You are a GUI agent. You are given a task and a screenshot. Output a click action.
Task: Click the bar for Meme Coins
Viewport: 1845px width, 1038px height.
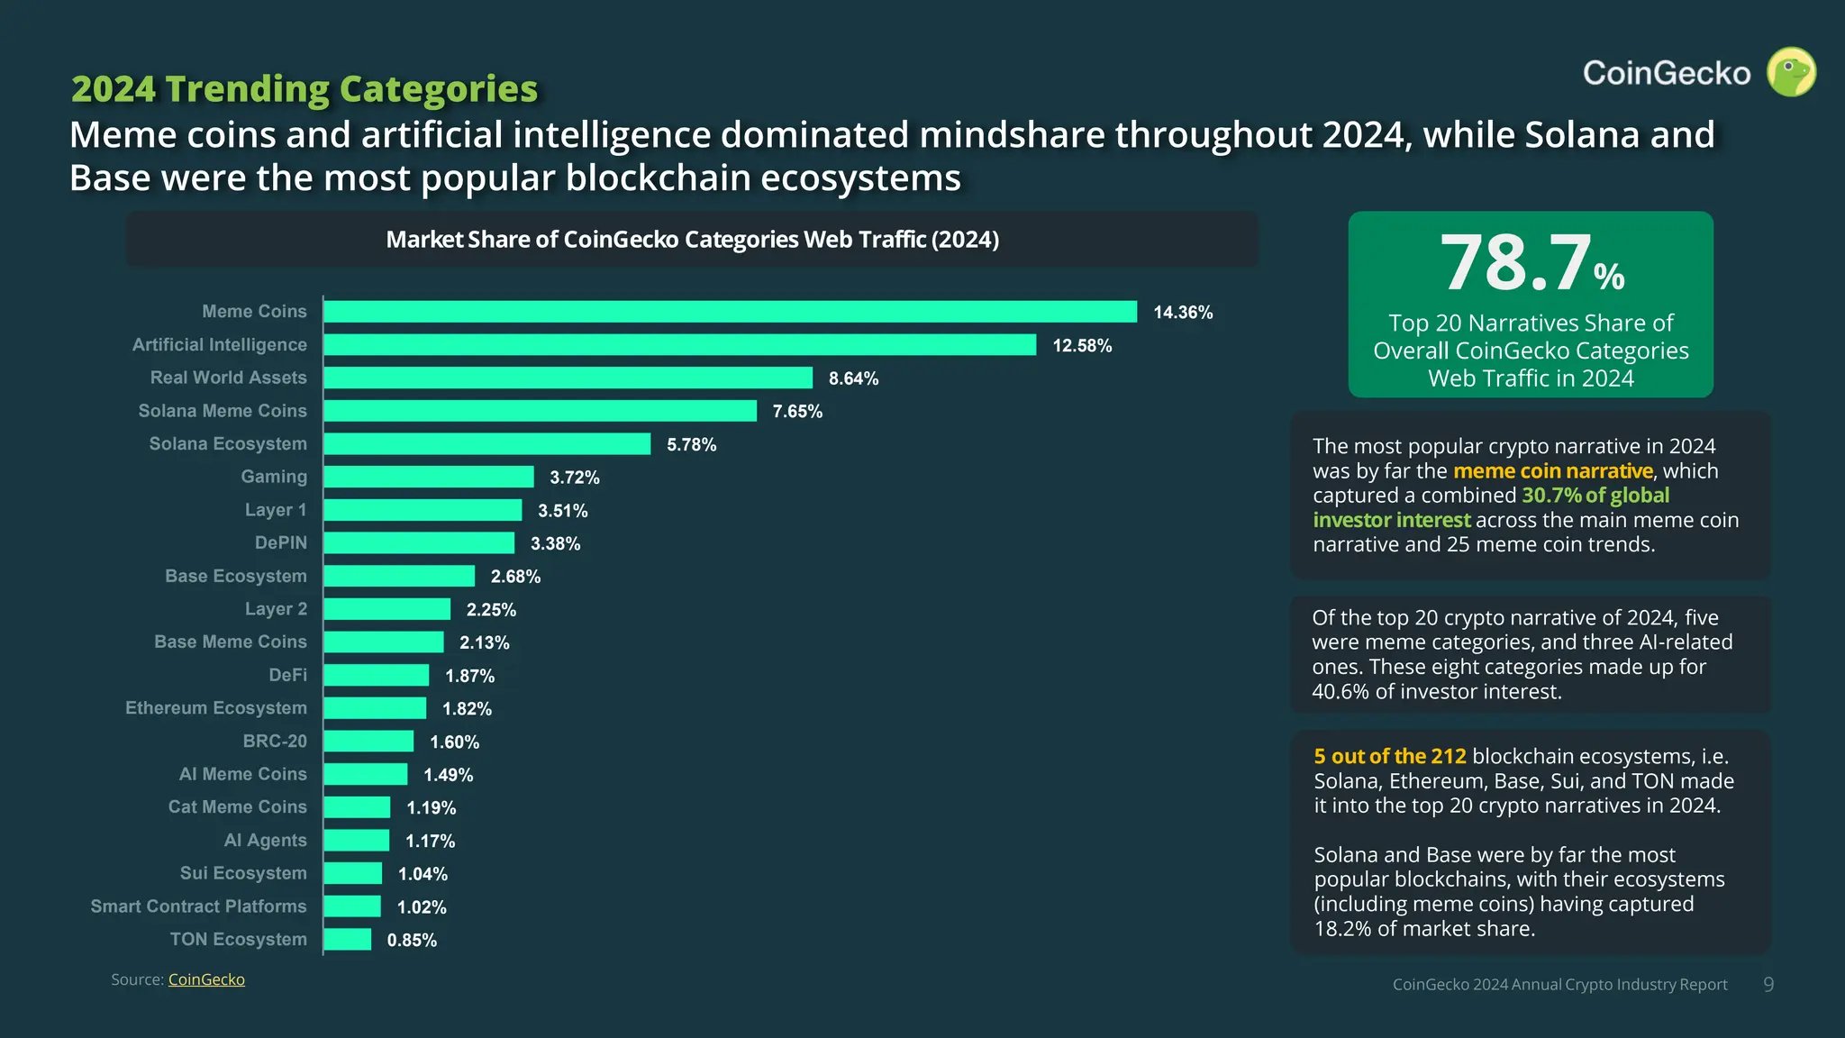click(730, 312)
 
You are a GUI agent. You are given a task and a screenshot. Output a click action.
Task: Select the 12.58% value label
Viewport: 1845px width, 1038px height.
click(1082, 346)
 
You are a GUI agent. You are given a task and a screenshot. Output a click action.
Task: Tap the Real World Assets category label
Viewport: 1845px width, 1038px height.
click(228, 378)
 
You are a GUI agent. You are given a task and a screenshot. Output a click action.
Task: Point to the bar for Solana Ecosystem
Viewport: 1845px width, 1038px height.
click(486, 444)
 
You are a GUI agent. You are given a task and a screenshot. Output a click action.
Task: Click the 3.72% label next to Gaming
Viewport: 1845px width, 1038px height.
click(574, 478)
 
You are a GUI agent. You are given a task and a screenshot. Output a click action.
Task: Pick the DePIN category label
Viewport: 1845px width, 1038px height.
click(280, 542)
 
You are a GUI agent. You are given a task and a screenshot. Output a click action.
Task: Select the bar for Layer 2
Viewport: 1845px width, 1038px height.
click(386, 609)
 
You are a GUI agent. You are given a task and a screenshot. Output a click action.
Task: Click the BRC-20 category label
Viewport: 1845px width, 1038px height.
click(274, 741)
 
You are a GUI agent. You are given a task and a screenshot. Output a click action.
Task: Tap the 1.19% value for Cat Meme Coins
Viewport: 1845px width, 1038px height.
click(431, 808)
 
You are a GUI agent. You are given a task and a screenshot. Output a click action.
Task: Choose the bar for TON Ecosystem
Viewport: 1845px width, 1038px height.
click(347, 940)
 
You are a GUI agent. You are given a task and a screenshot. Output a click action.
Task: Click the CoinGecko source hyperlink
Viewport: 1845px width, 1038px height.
click(206, 979)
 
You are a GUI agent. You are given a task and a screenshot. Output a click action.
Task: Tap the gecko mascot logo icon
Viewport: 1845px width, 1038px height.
click(1791, 72)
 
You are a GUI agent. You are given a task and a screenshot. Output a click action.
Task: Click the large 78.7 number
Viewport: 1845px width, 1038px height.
click(1516, 263)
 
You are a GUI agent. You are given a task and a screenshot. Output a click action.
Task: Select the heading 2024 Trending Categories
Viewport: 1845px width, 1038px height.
click(304, 89)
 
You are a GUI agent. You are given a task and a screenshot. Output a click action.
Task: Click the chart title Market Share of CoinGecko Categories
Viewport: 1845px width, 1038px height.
click(692, 240)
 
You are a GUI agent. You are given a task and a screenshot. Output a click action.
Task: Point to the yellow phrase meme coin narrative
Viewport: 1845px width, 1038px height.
click(1552, 471)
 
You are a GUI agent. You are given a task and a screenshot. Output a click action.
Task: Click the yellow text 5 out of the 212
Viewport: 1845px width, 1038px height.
click(1389, 756)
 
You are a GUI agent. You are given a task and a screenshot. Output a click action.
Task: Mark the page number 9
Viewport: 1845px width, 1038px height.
click(1768, 985)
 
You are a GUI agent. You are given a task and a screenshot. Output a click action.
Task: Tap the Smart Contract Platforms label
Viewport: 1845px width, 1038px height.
click(198, 906)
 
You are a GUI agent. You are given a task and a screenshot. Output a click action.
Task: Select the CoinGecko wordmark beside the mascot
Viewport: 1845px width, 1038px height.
click(1666, 73)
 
